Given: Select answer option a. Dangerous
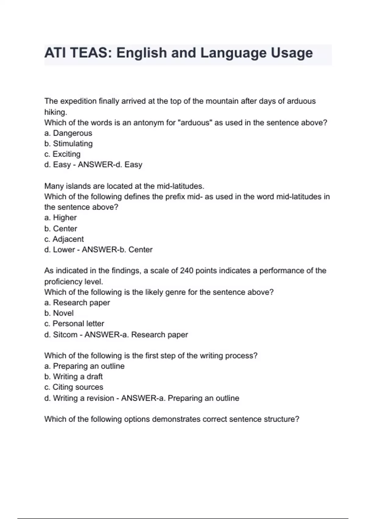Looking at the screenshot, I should [68, 133].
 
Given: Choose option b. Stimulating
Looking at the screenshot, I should [68, 143].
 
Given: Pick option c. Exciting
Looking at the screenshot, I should [62, 154].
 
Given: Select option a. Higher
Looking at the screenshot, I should [60, 218].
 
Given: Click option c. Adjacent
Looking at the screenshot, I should [64, 239].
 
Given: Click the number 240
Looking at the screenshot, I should [187, 271].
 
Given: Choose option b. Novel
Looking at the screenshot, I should [59, 313].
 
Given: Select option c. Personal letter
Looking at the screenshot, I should [74, 324].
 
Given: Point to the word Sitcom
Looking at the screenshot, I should [65, 335].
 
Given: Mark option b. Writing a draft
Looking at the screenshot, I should [73, 377].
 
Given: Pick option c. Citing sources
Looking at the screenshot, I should [74, 387].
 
